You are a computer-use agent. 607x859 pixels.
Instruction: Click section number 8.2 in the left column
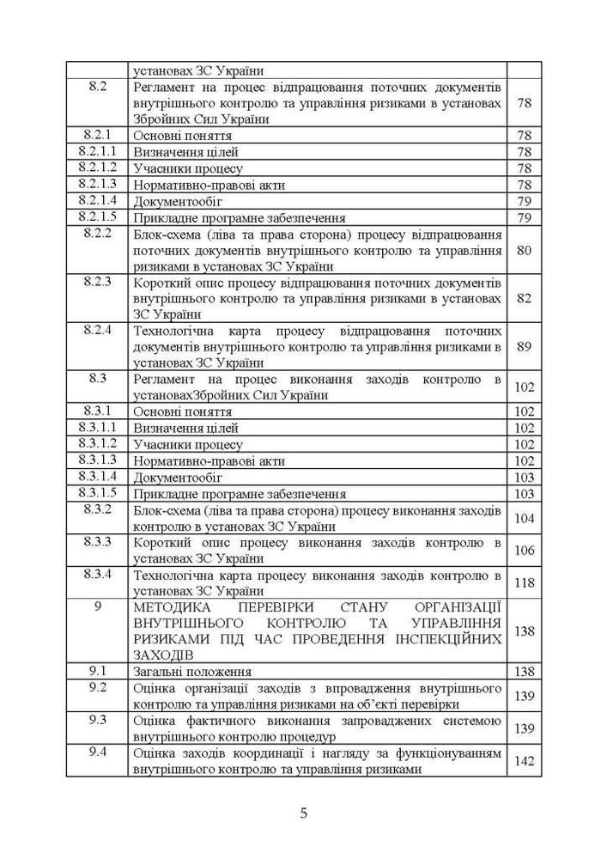click(97, 88)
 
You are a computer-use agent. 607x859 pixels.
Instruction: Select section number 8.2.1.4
click(97, 201)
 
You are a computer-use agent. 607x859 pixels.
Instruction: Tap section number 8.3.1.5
click(97, 493)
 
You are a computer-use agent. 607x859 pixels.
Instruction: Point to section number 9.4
click(97, 753)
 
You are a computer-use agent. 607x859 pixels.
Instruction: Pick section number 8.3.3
click(97, 542)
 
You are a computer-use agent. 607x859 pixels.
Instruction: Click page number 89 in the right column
click(524, 347)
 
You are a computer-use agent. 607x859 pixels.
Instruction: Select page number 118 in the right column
click(524, 582)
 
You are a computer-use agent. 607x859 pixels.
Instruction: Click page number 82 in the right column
click(524, 298)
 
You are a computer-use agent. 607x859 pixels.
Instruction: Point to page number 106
click(524, 550)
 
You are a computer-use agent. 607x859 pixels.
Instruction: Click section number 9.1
click(97, 672)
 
